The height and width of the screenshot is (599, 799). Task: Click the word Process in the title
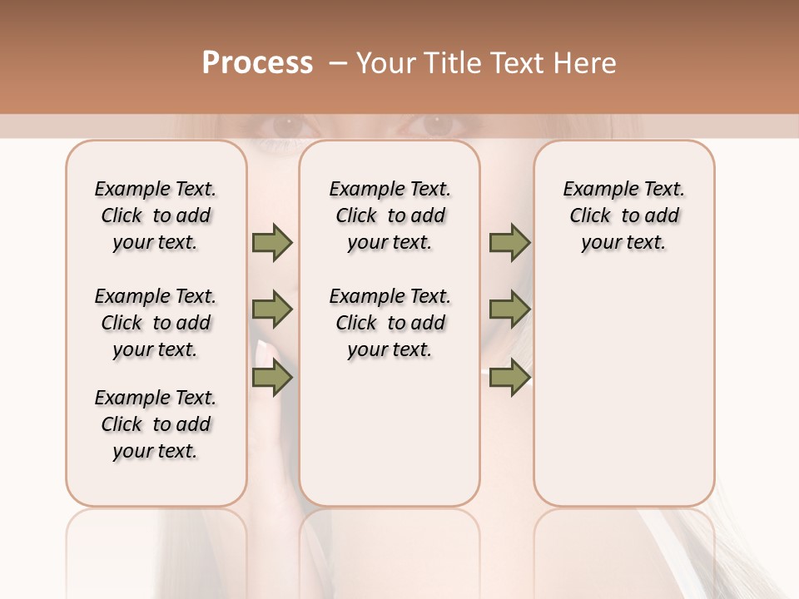[x=257, y=63]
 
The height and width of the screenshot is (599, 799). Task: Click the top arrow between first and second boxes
[x=272, y=243]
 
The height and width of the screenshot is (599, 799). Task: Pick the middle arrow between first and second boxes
[x=272, y=310]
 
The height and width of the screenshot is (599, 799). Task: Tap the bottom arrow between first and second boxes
[x=272, y=379]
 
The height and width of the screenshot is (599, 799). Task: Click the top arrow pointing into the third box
[x=509, y=243]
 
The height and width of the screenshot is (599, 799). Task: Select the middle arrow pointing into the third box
[x=509, y=310]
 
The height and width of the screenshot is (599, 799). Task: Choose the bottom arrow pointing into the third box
[x=509, y=379]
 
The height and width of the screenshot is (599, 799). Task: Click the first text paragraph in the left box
[x=156, y=215]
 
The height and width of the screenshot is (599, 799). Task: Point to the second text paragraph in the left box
[x=156, y=323]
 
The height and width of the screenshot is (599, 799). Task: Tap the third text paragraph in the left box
[x=156, y=424]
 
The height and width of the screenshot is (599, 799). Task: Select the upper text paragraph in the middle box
[x=390, y=215]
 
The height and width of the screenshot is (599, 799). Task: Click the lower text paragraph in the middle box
[x=390, y=323]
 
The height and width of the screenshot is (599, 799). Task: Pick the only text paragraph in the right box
[x=623, y=215]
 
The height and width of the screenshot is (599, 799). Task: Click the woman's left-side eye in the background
[x=287, y=126]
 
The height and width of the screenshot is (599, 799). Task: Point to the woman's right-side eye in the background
[x=437, y=126]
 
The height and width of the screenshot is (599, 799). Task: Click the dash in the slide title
[x=338, y=63]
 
